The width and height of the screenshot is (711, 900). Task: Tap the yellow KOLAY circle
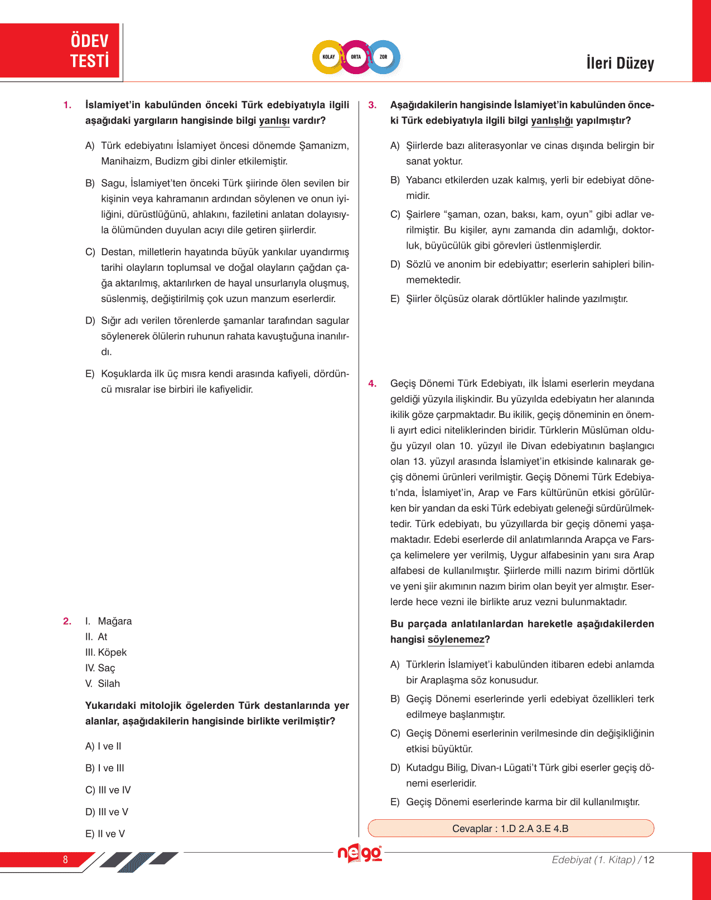click(328, 57)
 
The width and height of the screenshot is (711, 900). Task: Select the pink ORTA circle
click(356, 57)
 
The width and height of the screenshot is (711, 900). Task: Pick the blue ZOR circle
click(384, 57)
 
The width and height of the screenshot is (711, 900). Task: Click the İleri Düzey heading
click(620, 63)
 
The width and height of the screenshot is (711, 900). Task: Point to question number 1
click(67, 105)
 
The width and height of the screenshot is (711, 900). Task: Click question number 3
click(373, 105)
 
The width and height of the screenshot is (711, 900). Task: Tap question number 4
click(373, 383)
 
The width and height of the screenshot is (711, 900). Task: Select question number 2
click(67, 621)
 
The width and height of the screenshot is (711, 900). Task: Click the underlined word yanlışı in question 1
click(274, 121)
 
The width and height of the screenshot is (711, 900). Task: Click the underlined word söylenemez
click(456, 640)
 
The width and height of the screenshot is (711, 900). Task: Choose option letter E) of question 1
click(90, 374)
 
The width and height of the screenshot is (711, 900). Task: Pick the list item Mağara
click(114, 621)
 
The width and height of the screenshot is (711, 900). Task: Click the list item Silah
click(109, 683)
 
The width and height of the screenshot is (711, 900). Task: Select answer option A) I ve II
click(103, 746)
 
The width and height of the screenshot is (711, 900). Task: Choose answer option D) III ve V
click(107, 812)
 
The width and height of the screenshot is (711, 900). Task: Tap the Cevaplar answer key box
click(510, 828)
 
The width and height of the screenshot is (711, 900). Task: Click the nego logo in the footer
click(360, 854)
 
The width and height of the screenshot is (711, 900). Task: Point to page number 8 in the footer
click(65, 859)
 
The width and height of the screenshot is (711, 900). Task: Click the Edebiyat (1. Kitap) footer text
click(593, 860)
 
